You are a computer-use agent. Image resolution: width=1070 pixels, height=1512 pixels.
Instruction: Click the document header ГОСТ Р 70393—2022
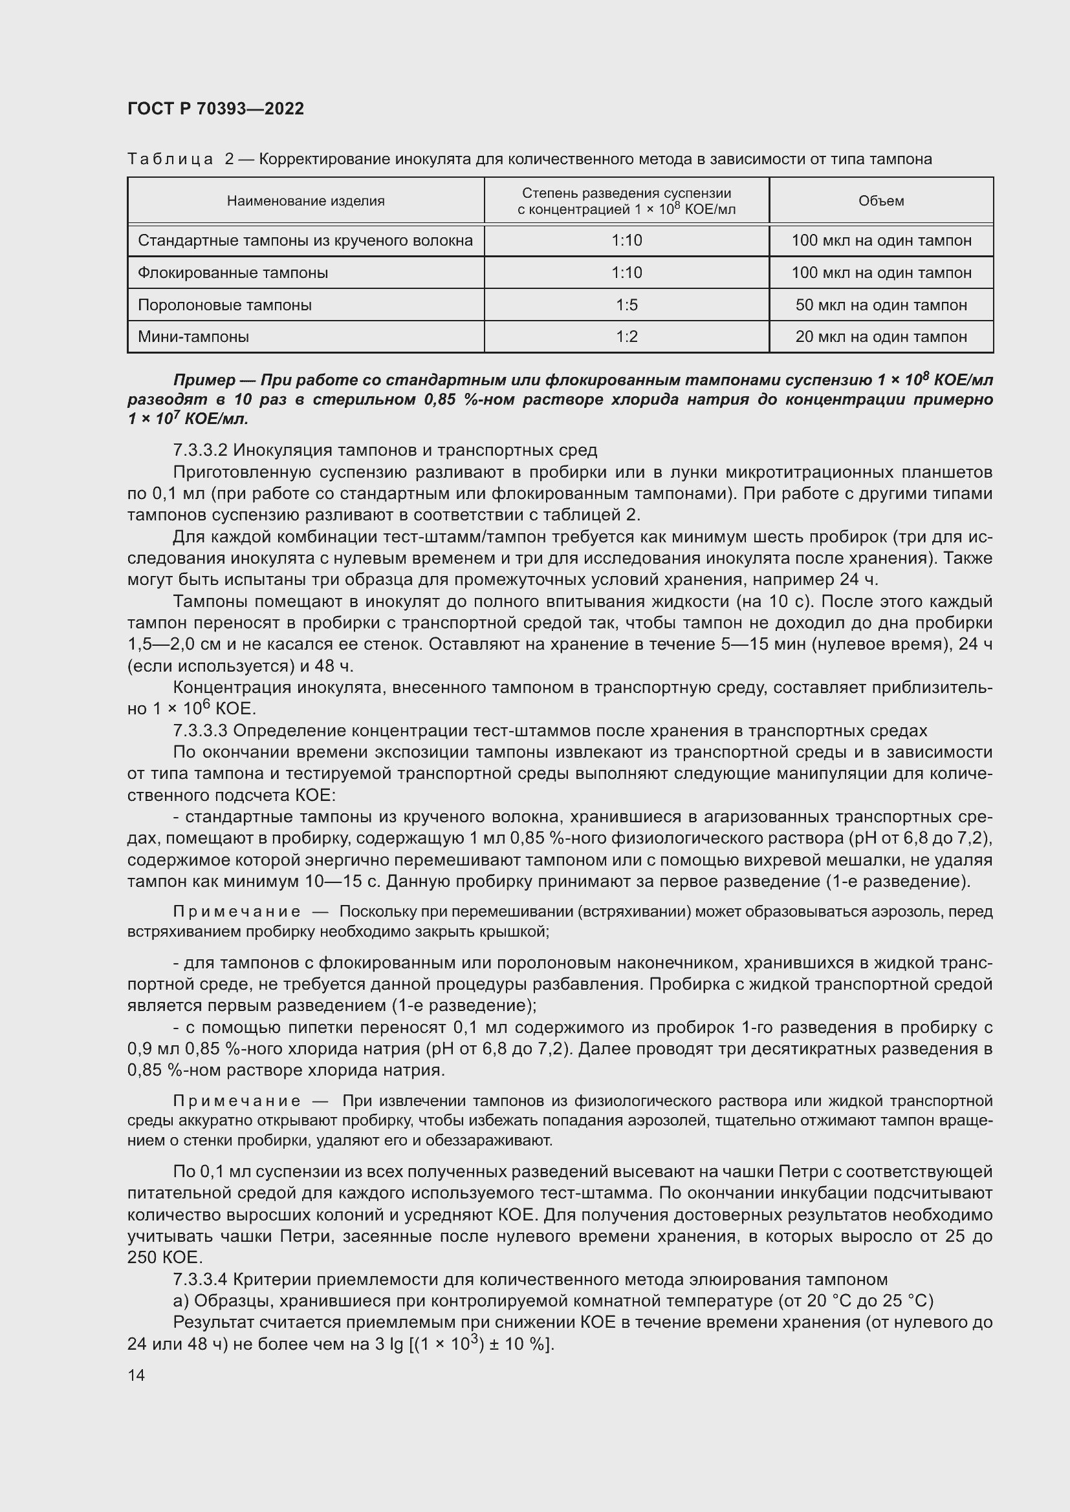[215, 109]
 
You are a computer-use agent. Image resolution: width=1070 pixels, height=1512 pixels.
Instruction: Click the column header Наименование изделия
[306, 201]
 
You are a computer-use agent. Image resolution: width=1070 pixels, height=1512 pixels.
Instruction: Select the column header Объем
[881, 201]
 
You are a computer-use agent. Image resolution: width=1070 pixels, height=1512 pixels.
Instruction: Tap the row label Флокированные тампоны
[233, 273]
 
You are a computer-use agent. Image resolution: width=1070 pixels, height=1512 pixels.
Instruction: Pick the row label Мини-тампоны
[193, 337]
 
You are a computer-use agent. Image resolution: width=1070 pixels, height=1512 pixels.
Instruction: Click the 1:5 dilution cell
[627, 305]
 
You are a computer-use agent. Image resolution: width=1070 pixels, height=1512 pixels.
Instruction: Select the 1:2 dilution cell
[627, 337]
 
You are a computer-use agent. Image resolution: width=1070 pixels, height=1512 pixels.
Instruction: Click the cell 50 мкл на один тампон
[881, 305]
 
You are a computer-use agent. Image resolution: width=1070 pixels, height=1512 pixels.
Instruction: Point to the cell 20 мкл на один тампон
[881, 337]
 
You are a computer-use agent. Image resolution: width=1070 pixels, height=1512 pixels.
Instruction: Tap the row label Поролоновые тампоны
[224, 305]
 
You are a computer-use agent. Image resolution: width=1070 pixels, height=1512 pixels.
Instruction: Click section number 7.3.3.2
[200, 451]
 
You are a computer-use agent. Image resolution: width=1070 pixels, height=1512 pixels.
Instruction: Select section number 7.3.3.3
[200, 730]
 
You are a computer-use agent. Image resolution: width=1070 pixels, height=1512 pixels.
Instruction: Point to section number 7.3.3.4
[200, 1279]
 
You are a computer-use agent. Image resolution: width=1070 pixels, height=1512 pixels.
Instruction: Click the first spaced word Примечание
[237, 911]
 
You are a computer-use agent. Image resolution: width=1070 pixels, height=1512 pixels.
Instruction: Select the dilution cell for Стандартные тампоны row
[627, 240]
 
